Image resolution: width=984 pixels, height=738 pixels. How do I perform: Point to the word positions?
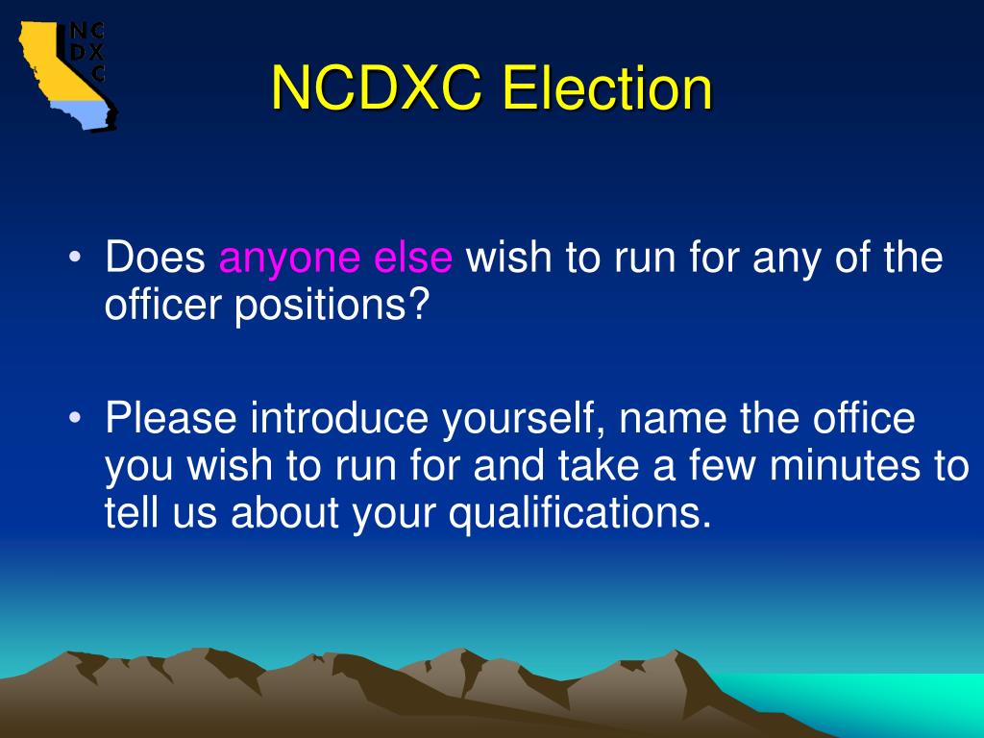[332, 307]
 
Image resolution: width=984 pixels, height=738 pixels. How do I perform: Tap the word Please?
[171, 420]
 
